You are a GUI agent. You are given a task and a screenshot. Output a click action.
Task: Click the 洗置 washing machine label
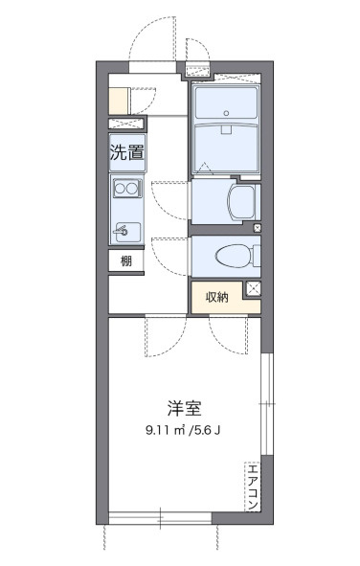click(x=127, y=152)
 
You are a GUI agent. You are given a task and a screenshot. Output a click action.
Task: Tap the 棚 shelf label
click(x=126, y=260)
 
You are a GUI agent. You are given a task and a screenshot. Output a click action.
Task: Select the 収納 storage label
click(x=217, y=297)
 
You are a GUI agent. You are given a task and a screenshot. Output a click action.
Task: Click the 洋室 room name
click(x=185, y=408)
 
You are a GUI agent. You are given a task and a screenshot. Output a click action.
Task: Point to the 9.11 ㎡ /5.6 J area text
click(x=183, y=430)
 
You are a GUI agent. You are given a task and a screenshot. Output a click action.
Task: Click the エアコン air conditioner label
click(x=252, y=487)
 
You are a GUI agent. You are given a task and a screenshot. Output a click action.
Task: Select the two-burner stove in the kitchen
click(x=127, y=188)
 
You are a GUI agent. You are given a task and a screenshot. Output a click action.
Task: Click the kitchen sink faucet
click(x=122, y=230)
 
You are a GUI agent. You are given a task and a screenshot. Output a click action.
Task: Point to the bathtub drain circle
click(x=226, y=113)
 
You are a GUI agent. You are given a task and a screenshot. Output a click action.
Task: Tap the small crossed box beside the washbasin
click(x=258, y=228)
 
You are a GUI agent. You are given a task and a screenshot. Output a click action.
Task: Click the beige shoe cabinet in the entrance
click(x=119, y=102)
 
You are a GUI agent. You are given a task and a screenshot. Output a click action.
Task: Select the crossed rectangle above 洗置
click(x=126, y=124)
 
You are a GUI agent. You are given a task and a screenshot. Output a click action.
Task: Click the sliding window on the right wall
click(x=267, y=403)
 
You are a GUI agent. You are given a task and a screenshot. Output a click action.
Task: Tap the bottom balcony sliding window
click(x=160, y=518)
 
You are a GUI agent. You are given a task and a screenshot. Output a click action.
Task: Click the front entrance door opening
click(x=152, y=67)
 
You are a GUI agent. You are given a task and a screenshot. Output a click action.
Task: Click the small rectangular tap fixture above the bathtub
click(x=226, y=129)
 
